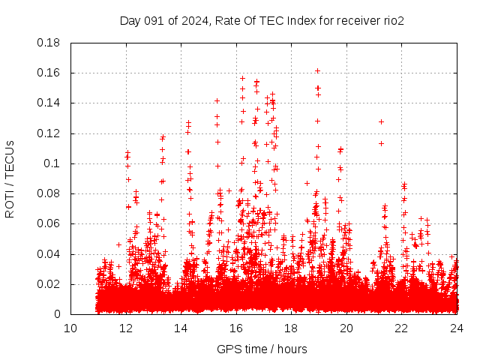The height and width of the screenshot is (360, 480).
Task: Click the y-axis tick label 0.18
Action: (x=49, y=43)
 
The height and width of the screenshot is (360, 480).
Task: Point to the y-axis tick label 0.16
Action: (x=49, y=73)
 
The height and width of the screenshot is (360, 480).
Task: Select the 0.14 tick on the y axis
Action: (x=49, y=103)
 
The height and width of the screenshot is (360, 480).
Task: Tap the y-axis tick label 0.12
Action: (x=49, y=133)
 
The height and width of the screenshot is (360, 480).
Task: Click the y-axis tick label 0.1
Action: (x=52, y=163)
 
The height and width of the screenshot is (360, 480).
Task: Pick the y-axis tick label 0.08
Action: (x=49, y=193)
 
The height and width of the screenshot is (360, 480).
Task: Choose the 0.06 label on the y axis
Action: (x=49, y=223)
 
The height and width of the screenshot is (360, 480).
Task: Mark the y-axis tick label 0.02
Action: (x=49, y=284)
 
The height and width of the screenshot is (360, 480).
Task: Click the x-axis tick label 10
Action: (x=70, y=328)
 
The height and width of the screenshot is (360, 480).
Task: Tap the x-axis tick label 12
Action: (x=126, y=328)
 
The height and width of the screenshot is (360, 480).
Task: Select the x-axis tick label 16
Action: (x=236, y=328)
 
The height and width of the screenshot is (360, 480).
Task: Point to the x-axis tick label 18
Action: (x=292, y=328)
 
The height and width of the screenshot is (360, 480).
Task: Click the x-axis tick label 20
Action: (x=346, y=328)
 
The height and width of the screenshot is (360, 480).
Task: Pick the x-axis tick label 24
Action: (x=457, y=328)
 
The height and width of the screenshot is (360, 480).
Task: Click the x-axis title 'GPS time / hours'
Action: (x=263, y=349)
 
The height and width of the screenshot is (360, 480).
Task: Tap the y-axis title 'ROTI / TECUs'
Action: (x=10, y=178)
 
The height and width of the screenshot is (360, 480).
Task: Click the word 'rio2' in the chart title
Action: (x=392, y=20)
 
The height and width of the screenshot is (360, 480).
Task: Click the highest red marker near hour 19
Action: (x=318, y=71)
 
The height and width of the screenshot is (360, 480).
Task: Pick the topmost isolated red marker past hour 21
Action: (x=381, y=121)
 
